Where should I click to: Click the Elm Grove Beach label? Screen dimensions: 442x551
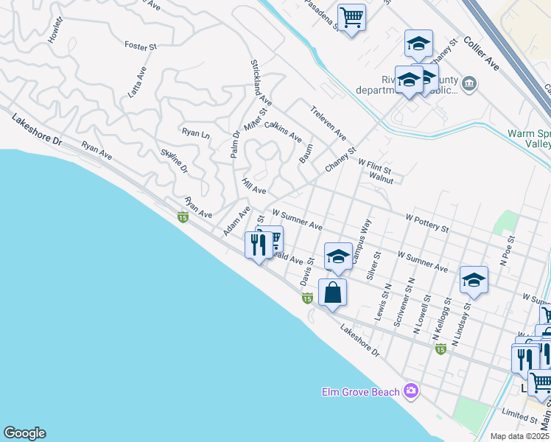pyautogui.click(x=360, y=391)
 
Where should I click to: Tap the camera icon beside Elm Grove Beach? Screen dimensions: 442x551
pyautogui.click(x=411, y=390)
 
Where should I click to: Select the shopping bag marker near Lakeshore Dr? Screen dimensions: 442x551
pyautogui.click(x=333, y=292)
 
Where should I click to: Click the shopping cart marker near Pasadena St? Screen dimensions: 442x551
pyautogui.click(x=351, y=17)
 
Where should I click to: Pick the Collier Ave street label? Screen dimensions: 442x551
pyautogui.click(x=482, y=56)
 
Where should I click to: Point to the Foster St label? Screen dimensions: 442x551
pyautogui.click(x=141, y=46)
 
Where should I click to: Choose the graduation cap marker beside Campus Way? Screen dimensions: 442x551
pyautogui.click(x=338, y=256)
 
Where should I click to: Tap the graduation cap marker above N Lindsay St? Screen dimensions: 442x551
pyautogui.click(x=474, y=280)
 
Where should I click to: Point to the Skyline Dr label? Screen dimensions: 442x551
pyautogui.click(x=175, y=161)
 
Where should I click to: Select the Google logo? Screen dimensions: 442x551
pyautogui.click(x=24, y=433)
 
